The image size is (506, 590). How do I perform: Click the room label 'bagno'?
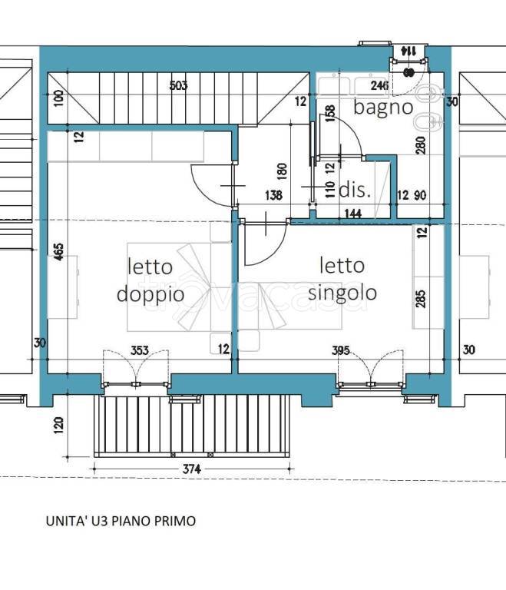382,107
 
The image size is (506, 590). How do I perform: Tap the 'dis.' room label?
355,190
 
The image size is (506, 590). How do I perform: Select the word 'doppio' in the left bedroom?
150,293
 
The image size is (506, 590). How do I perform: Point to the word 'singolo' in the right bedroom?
342,292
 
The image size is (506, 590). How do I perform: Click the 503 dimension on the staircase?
178,86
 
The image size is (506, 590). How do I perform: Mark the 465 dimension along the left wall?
59,254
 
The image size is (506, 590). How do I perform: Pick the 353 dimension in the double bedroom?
138,350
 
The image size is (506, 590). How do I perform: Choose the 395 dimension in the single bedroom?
341,350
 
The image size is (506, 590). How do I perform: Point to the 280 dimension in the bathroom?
420,146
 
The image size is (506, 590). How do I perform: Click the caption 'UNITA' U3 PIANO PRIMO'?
121,521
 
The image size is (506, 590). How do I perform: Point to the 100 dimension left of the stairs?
59,98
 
